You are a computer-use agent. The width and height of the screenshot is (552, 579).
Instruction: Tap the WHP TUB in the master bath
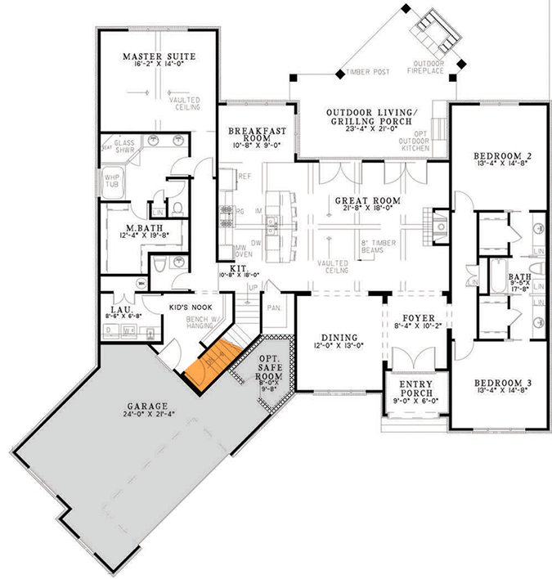click(110, 182)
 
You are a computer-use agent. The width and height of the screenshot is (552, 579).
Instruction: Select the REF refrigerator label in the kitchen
click(244, 175)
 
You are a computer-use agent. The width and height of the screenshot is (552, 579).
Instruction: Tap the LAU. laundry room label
click(117, 311)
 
